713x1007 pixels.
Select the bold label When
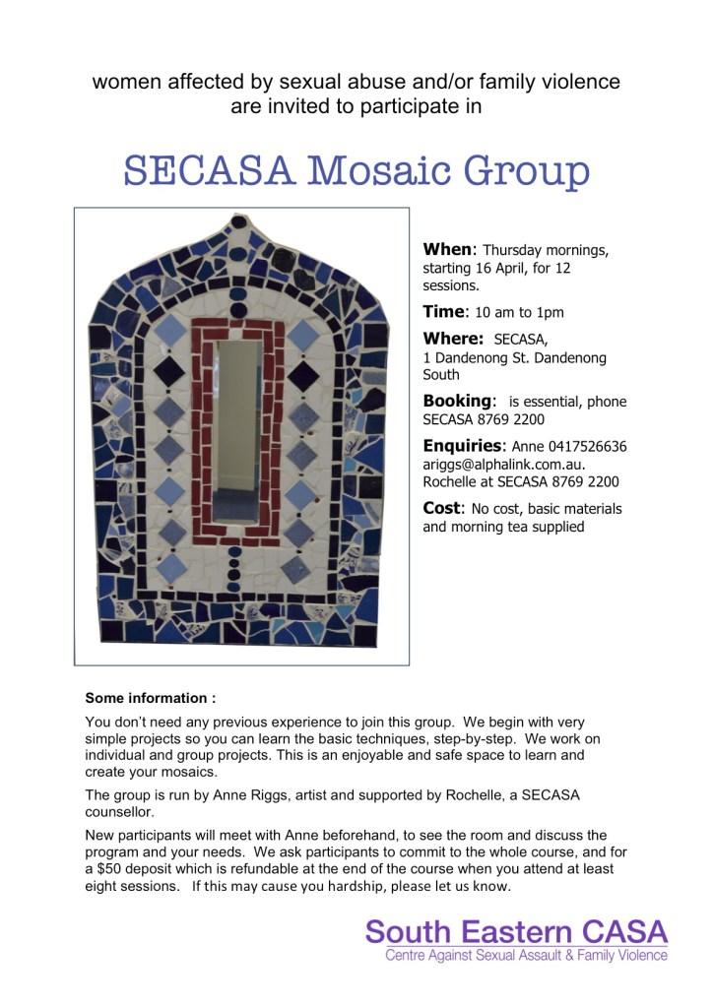tap(449, 249)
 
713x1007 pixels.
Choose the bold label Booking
tap(457, 401)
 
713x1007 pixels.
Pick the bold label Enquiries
tap(465, 446)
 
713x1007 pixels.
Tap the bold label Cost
tap(442, 508)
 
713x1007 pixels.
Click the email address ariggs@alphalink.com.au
tap(503, 464)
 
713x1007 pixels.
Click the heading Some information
tap(150, 698)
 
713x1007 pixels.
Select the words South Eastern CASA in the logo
tap(516, 931)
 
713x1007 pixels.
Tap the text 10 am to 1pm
tap(519, 313)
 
